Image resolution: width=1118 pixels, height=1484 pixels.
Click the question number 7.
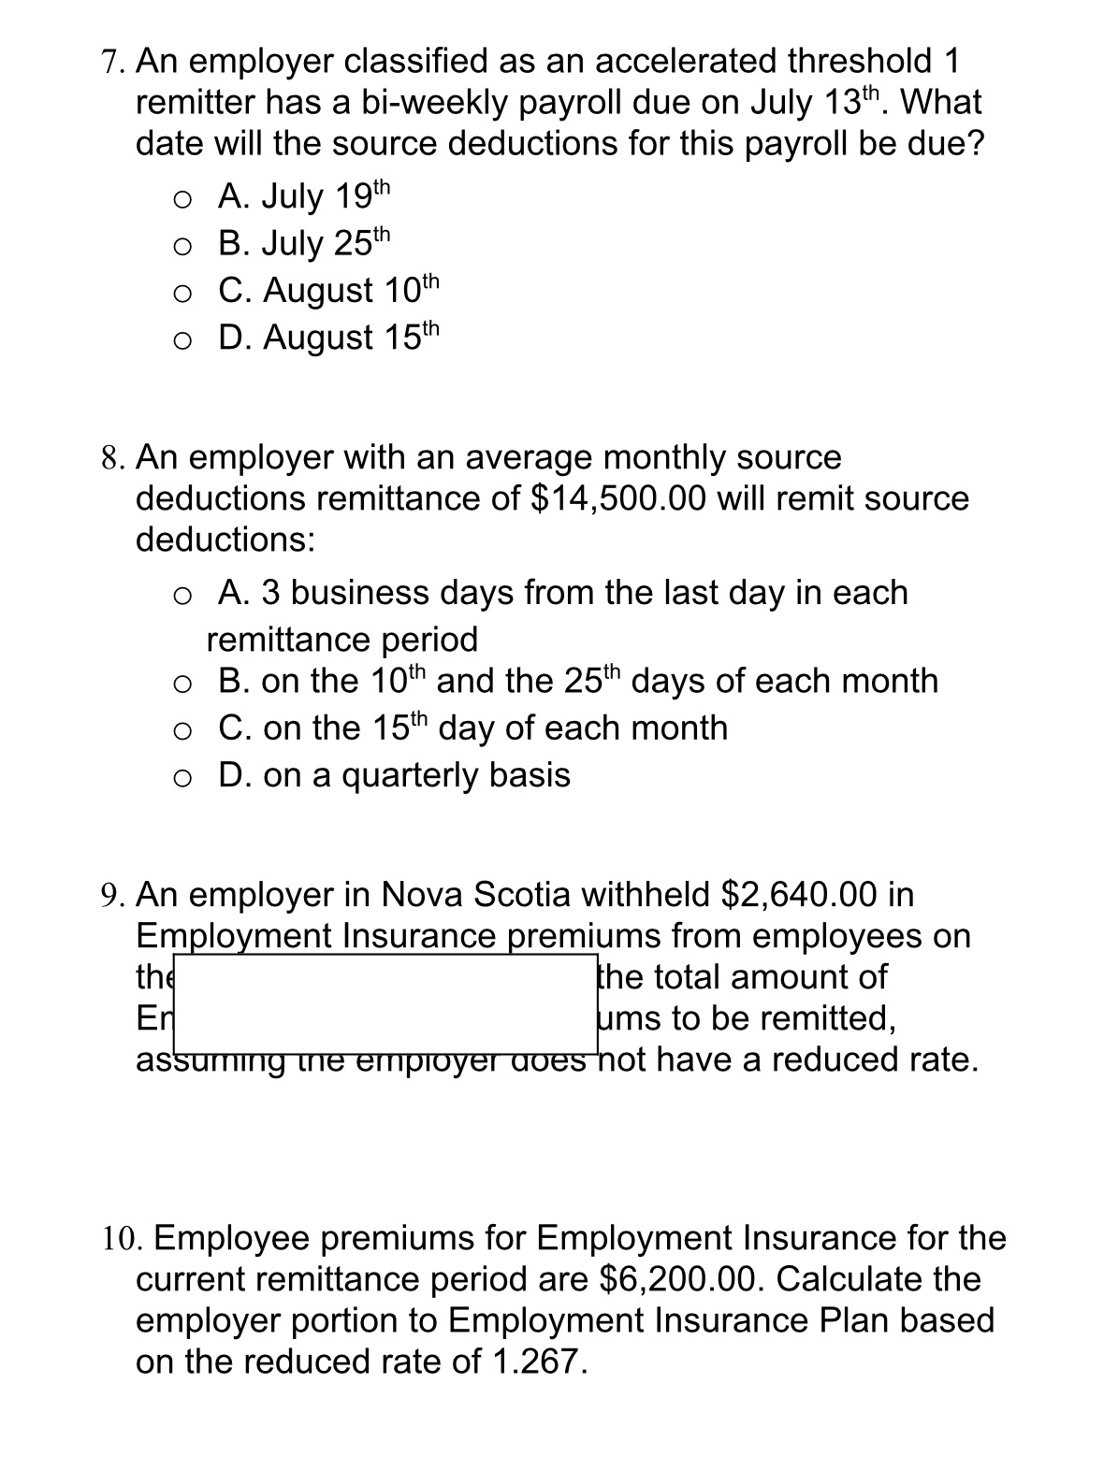[x=111, y=63]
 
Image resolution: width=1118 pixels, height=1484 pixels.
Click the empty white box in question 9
[x=385, y=1002]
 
